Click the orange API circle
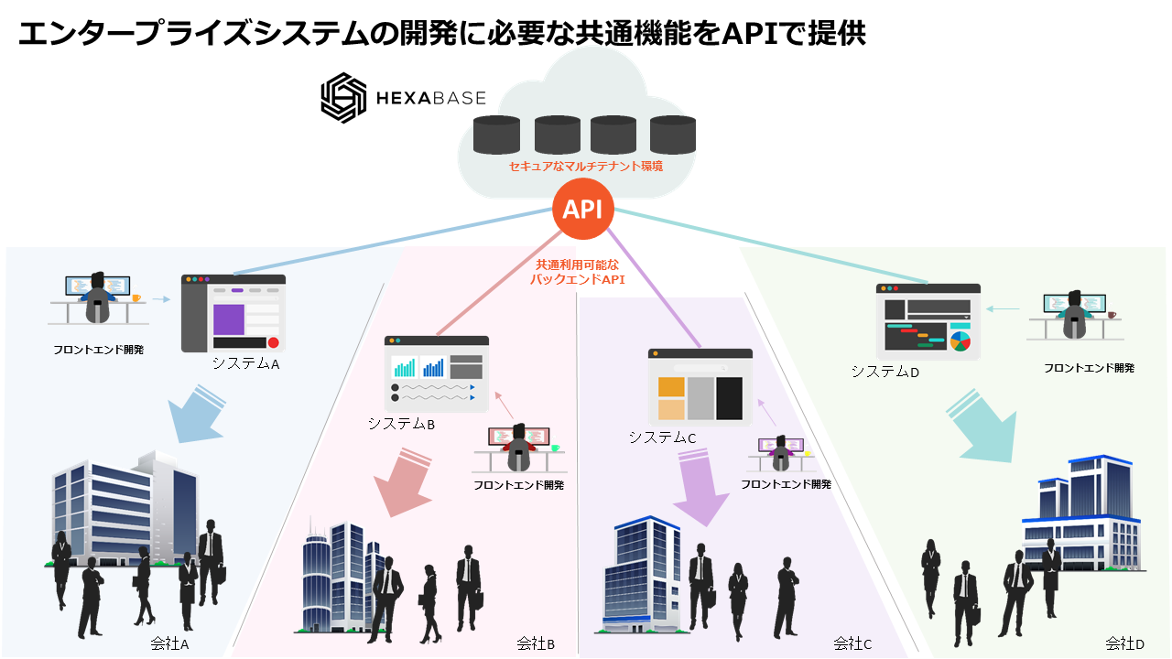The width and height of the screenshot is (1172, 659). (x=582, y=210)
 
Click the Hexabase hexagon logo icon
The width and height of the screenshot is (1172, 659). (x=343, y=97)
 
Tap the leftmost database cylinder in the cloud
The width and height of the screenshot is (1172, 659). (x=496, y=135)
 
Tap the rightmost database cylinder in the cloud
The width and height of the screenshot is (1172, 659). (x=673, y=135)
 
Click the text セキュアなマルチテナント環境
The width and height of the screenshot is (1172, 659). (x=585, y=167)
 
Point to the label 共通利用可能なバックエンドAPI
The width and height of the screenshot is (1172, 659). (x=577, y=273)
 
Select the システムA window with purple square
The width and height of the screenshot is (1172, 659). (x=233, y=313)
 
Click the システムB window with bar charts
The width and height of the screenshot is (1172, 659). (x=436, y=373)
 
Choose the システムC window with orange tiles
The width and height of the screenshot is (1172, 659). (x=700, y=389)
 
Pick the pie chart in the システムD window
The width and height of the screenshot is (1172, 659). (x=960, y=341)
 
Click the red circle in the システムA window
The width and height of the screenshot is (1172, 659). (x=273, y=342)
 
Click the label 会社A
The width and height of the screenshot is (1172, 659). (x=169, y=644)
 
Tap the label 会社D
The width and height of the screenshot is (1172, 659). (x=1124, y=643)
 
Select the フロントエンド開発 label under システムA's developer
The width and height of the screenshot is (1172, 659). (x=98, y=350)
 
